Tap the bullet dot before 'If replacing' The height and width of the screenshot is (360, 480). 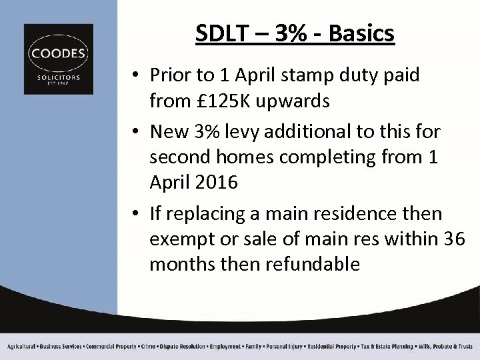point(135,214)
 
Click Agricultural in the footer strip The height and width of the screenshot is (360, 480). point(21,347)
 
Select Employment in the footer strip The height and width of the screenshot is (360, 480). point(225,347)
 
